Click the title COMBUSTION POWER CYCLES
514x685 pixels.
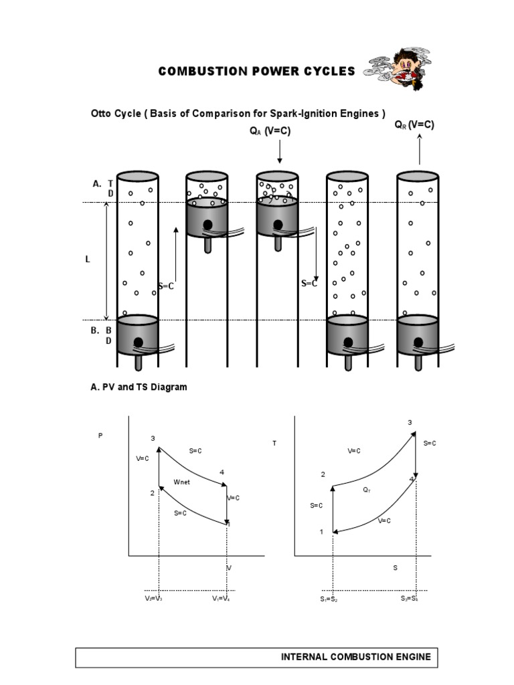pos(256,72)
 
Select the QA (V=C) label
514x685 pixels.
pos(270,132)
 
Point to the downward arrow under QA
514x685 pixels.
pos(280,152)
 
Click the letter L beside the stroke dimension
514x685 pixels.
pos(88,259)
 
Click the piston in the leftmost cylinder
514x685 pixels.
pos(138,335)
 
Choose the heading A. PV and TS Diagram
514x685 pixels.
pos(139,387)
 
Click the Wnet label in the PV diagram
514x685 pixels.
pos(182,482)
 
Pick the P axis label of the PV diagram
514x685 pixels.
pos(100,435)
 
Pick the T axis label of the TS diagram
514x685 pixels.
pos(274,444)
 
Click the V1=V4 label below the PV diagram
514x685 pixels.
pos(222,599)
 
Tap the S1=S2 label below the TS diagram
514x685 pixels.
pos(329,599)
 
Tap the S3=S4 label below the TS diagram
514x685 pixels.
pos(410,599)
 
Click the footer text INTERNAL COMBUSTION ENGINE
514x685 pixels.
pos(355,658)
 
